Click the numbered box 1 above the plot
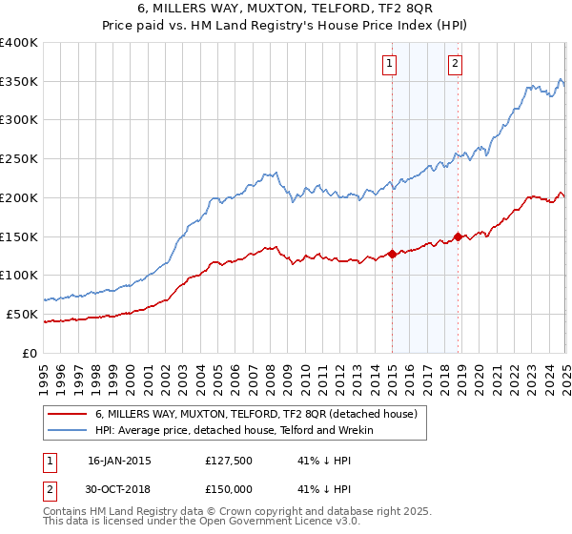390,64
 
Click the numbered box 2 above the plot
455,64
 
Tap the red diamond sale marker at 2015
392,254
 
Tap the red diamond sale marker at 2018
458,236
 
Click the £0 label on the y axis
31,353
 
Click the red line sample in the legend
68,415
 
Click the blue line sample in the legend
68,431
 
